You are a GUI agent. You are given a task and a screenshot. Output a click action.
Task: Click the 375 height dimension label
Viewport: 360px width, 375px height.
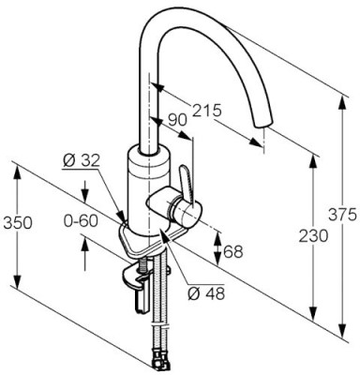[x=342, y=215]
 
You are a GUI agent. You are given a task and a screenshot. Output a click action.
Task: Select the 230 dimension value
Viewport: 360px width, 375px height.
[x=313, y=235]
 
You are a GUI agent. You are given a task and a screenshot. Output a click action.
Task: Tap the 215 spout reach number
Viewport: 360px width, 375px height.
[x=206, y=110]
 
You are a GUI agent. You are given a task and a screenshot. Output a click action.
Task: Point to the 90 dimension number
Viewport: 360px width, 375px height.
[x=177, y=120]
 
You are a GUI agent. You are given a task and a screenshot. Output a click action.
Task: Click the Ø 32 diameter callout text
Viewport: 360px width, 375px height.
[x=82, y=160]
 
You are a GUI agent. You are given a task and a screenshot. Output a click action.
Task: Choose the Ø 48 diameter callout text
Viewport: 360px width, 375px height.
[x=206, y=293]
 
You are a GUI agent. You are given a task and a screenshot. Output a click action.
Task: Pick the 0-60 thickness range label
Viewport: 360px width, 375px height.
[x=81, y=221]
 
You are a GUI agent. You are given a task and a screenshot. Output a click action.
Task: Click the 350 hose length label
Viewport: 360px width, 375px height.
[x=18, y=223]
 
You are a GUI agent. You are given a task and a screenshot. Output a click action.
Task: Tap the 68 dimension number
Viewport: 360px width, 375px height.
[x=233, y=251]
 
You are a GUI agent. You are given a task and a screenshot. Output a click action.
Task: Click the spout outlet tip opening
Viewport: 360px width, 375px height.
[x=262, y=123]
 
